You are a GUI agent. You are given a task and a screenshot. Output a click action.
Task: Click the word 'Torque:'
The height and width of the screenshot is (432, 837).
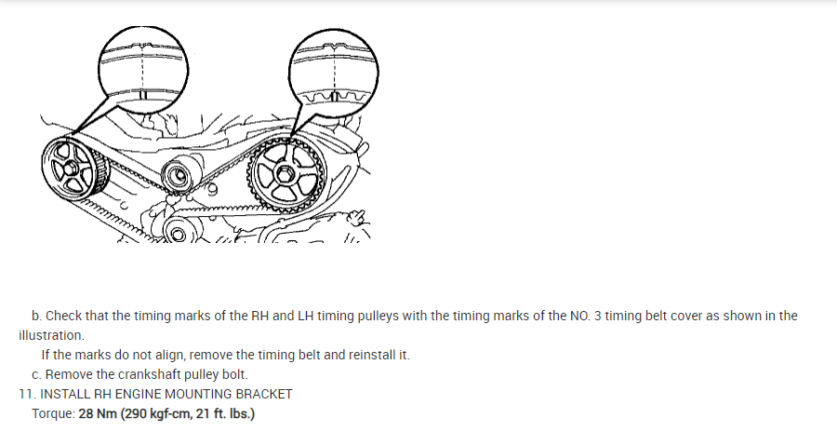(53, 412)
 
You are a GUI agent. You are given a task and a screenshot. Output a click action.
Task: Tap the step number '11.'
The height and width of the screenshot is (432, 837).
(28, 394)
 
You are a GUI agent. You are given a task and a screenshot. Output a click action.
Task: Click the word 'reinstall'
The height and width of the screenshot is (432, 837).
(370, 355)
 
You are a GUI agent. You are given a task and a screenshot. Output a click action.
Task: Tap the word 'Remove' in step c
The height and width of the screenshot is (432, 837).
(67, 374)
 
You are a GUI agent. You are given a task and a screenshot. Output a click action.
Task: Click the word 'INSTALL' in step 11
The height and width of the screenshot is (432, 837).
(67, 394)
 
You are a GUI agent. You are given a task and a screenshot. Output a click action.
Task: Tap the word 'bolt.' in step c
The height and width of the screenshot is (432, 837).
(233, 374)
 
